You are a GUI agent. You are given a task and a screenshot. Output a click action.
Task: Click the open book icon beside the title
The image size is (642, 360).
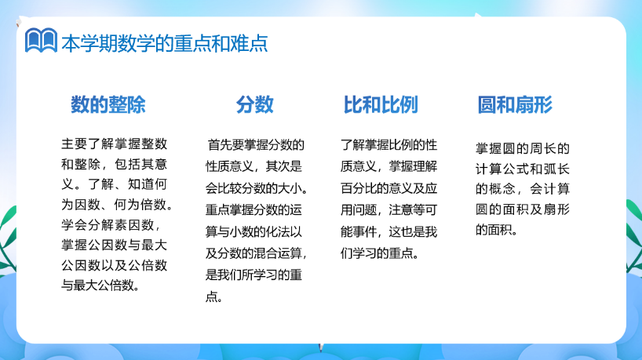pos(41,40)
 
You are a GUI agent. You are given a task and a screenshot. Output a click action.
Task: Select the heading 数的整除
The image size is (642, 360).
pos(108,105)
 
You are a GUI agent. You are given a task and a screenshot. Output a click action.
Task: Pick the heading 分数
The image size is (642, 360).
pos(254,105)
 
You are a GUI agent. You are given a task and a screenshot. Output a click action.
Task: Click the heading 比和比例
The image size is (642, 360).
pos(381,105)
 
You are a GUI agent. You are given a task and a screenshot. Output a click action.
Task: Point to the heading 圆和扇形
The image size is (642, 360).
pos(515,105)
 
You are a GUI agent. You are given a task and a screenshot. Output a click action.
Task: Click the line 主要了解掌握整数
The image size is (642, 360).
pos(115,144)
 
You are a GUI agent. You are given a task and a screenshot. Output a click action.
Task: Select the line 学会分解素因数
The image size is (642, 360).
pos(111,224)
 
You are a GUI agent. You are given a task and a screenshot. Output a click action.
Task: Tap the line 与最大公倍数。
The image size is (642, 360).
pos(100,285)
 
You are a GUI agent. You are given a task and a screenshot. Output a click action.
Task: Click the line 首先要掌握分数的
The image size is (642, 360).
pos(256,145)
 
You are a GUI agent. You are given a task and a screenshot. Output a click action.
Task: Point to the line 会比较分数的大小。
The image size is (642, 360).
pos(257,188)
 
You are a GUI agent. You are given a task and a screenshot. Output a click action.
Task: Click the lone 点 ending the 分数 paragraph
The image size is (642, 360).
pos(213,296)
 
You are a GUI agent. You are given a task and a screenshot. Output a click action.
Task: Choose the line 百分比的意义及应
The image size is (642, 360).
pos(389,188)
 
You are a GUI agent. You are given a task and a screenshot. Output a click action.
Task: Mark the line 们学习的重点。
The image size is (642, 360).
pos(380,253)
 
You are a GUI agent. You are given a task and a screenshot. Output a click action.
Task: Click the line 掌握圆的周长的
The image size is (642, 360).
pos(523,148)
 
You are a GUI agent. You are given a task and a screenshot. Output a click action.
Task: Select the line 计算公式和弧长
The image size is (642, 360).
pos(523,169)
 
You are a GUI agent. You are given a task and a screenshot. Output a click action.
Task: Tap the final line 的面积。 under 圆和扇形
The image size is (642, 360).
pos(496,230)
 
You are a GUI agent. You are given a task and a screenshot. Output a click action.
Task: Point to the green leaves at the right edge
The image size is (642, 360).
pos(634,238)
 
